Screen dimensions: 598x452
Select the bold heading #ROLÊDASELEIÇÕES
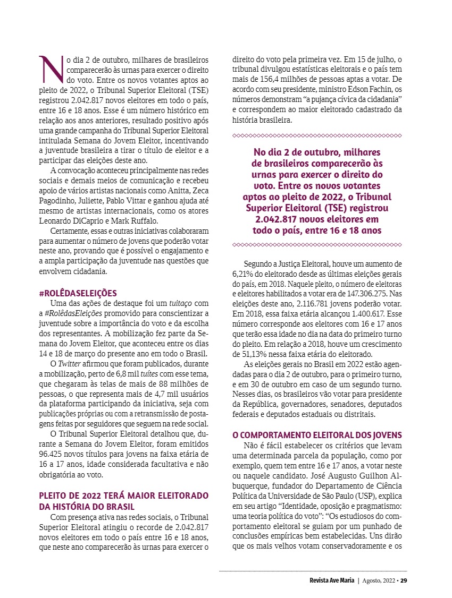tap(78, 293)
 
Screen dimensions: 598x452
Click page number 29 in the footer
tap(404, 580)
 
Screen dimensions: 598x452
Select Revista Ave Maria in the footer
tap(332, 580)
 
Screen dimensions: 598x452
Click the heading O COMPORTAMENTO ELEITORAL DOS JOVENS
tap(317, 435)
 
